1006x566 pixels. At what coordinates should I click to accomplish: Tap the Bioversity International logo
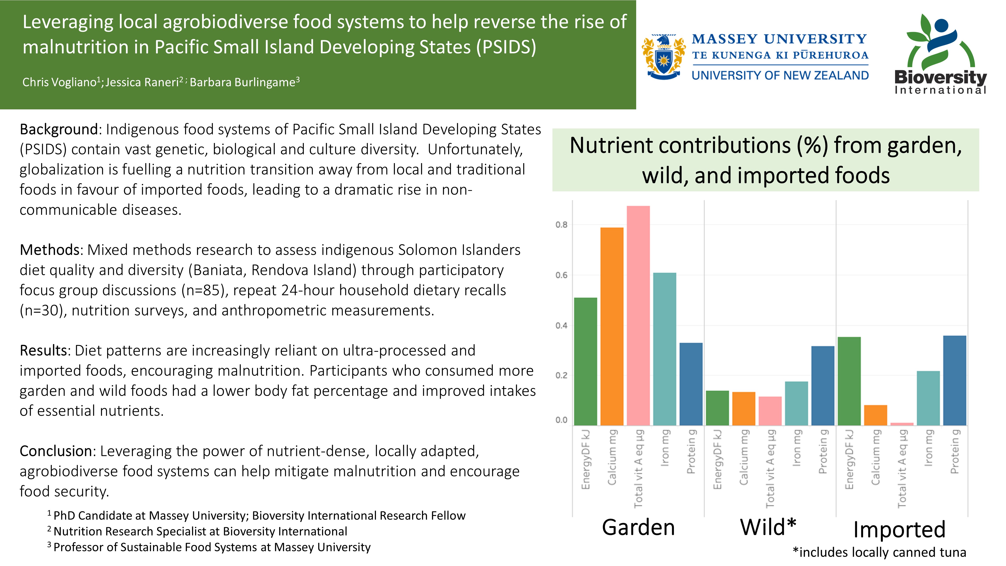coord(941,54)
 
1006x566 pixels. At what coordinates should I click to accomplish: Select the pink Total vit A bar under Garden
coord(638,316)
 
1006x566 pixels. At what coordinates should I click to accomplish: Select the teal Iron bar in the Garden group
coord(665,349)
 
